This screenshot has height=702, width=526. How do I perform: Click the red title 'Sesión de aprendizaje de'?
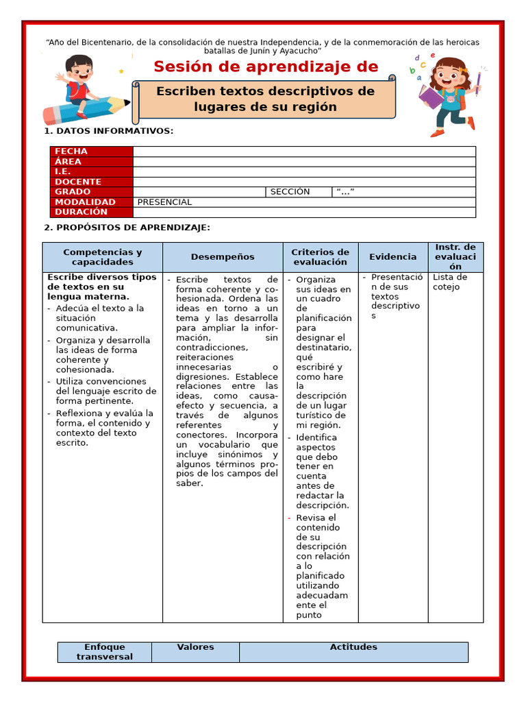point(266,66)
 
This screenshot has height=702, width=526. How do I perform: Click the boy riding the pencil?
point(80,86)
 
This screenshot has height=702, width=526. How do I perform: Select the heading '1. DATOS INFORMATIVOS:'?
point(109,131)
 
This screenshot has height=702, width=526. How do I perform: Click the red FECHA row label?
point(91,152)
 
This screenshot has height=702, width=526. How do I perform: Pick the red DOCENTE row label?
point(91,182)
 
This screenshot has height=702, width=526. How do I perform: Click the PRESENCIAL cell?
point(164,202)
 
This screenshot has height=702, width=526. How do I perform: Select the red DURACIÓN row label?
point(91,213)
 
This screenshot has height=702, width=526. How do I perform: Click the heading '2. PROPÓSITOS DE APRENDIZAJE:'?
point(127,228)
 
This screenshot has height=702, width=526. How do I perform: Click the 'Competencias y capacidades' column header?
point(103,257)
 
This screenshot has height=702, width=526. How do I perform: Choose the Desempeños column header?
point(223,257)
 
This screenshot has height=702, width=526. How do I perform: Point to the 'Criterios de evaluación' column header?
point(321,257)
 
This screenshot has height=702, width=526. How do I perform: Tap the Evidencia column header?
point(393,257)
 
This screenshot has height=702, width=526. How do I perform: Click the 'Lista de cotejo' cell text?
point(450,282)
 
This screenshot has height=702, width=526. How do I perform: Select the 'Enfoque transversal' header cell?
point(105,652)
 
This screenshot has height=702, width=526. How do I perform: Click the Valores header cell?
point(195,647)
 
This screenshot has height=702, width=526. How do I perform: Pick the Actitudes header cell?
point(353,647)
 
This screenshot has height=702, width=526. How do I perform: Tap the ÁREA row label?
point(91,162)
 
